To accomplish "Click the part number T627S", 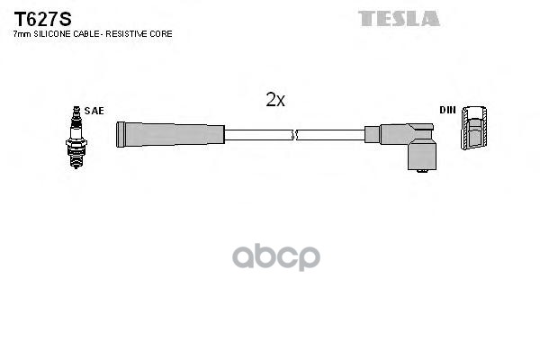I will point(35,18).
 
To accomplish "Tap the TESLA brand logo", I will point(399,18).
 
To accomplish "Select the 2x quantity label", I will point(275,101).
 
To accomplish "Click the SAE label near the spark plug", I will point(94,111).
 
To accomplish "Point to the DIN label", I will point(447,110).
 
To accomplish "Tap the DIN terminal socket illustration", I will point(478,131).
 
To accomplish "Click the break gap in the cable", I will point(295,135).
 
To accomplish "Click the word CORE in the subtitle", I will point(164,33).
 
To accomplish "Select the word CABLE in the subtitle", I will point(89,33).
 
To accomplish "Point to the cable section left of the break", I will point(257,135).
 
